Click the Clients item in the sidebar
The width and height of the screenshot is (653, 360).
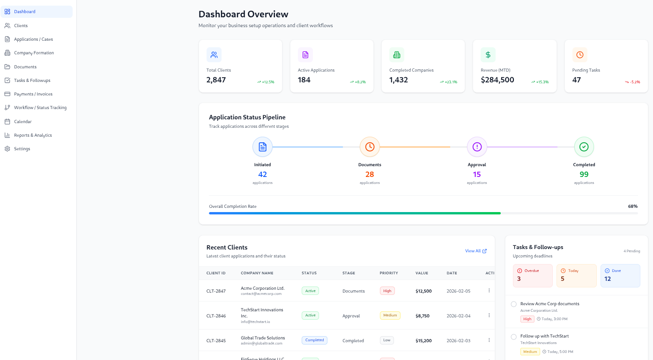pos(21,26)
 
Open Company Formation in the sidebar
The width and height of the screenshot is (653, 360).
pos(34,53)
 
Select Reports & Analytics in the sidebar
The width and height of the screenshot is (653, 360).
pos(33,135)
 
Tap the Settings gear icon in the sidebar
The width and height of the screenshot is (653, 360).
pos(7,149)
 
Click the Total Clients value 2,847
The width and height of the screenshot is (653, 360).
pos(216,80)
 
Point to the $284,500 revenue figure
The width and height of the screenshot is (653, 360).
pos(497,80)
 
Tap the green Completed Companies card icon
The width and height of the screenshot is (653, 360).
pos(397,55)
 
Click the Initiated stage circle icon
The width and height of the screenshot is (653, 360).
pos(262,147)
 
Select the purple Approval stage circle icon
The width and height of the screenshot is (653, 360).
pos(477,147)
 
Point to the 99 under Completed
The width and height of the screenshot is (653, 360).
pos(584,174)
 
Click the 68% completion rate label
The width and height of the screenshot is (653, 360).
pos(632,206)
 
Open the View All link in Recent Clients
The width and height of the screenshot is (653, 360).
pos(475,251)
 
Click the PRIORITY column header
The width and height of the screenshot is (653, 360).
pos(389,273)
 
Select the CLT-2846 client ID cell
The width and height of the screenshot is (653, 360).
pos(216,316)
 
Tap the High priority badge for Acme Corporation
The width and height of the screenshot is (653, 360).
pos(387,291)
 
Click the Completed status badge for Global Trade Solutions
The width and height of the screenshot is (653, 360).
pos(314,340)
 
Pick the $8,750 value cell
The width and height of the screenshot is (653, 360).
pos(423,316)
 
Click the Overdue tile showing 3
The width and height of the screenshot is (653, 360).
pos(533,276)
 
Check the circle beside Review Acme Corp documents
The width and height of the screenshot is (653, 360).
pos(513,304)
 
